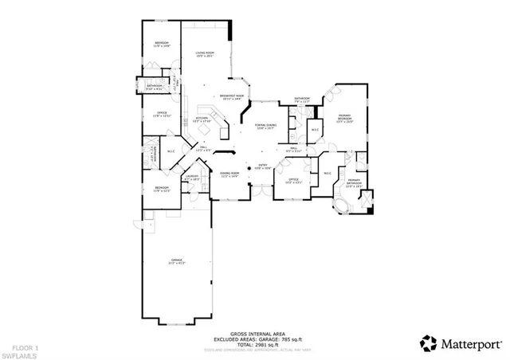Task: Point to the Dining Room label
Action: click(x=229, y=174)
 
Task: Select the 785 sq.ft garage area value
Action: click(x=288, y=340)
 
